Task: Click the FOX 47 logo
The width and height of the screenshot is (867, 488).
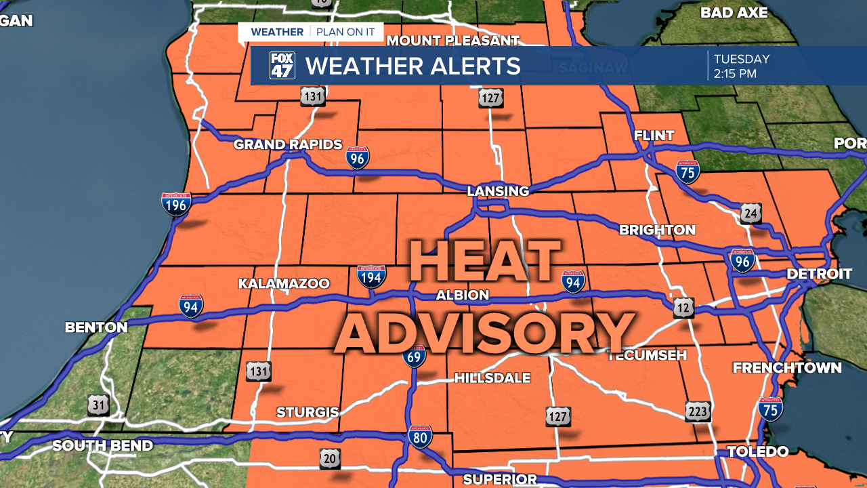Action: coord(282,66)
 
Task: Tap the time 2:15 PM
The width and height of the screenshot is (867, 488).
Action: coord(735,74)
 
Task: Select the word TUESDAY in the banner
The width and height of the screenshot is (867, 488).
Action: coord(742,59)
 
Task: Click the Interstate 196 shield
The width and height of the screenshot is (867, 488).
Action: coord(176,203)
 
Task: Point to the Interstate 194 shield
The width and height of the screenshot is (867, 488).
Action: coord(371,277)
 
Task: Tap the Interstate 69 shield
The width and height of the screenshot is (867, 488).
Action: coord(414,356)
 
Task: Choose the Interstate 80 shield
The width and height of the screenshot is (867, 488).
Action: coord(420,437)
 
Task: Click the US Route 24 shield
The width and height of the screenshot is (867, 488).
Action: coord(750,213)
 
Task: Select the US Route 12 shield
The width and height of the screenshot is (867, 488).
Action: coord(683,308)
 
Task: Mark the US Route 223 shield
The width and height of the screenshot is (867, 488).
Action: coord(698,411)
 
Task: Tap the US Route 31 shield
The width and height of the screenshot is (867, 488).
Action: coord(98,405)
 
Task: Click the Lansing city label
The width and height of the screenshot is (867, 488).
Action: coord(498,191)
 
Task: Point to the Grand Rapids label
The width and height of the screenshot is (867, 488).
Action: coord(288,144)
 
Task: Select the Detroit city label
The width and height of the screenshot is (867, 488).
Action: coord(819,274)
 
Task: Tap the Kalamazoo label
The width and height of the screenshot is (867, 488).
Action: coord(284,283)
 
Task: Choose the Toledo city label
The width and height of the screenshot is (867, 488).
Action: coord(758,451)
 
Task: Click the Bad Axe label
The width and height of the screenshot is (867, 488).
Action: coord(734,12)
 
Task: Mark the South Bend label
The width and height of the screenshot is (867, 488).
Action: coord(102,445)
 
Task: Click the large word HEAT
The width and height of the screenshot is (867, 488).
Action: coord(485,262)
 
